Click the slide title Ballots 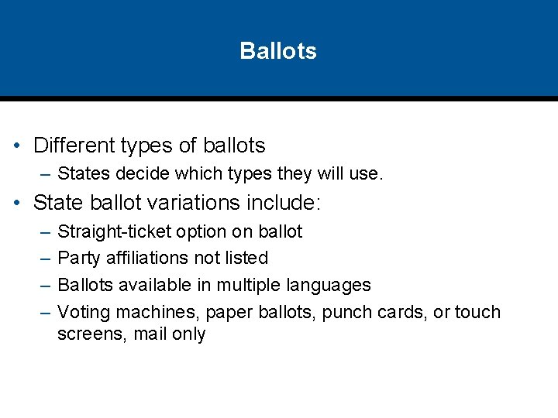point(278,51)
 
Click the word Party point(79,258)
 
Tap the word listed point(246,258)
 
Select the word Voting point(82,313)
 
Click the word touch point(478,313)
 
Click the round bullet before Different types point(17,146)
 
